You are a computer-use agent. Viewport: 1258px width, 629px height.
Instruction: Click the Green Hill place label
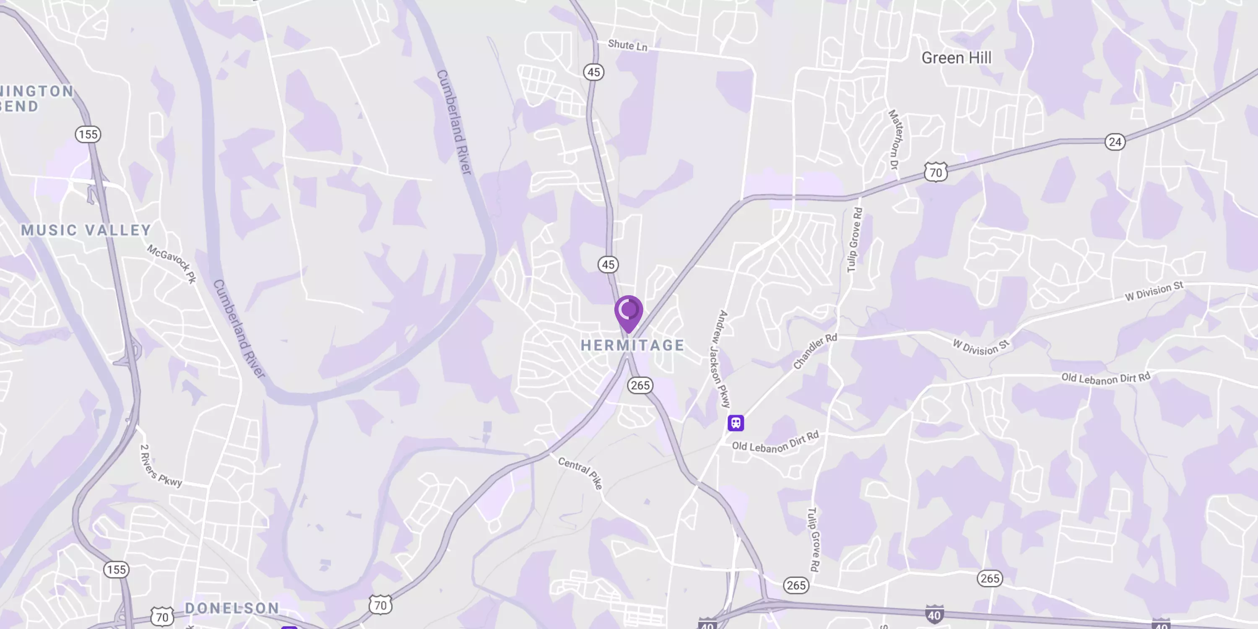956,58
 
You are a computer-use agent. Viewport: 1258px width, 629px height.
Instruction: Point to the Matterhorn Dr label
896,139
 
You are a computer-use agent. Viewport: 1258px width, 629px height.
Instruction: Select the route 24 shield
1115,142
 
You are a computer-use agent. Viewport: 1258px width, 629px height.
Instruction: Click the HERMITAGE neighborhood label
632,345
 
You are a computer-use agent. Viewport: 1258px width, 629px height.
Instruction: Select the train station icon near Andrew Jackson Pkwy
736,422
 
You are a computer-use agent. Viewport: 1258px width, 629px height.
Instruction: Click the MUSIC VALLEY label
86,230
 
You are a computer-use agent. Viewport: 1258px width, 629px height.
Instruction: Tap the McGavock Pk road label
172,263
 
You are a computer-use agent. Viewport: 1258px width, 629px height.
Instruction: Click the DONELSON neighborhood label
232,608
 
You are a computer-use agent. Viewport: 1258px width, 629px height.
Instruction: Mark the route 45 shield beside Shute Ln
593,72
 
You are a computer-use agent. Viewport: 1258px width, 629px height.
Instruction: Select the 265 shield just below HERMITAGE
640,385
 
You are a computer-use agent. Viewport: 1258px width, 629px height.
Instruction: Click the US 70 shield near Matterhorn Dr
935,172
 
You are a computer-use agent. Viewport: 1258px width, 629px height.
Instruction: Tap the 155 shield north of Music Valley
88,134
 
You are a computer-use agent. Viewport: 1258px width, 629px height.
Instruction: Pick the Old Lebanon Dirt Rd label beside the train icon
775,442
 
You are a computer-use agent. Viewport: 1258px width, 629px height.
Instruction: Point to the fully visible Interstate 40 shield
934,614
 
